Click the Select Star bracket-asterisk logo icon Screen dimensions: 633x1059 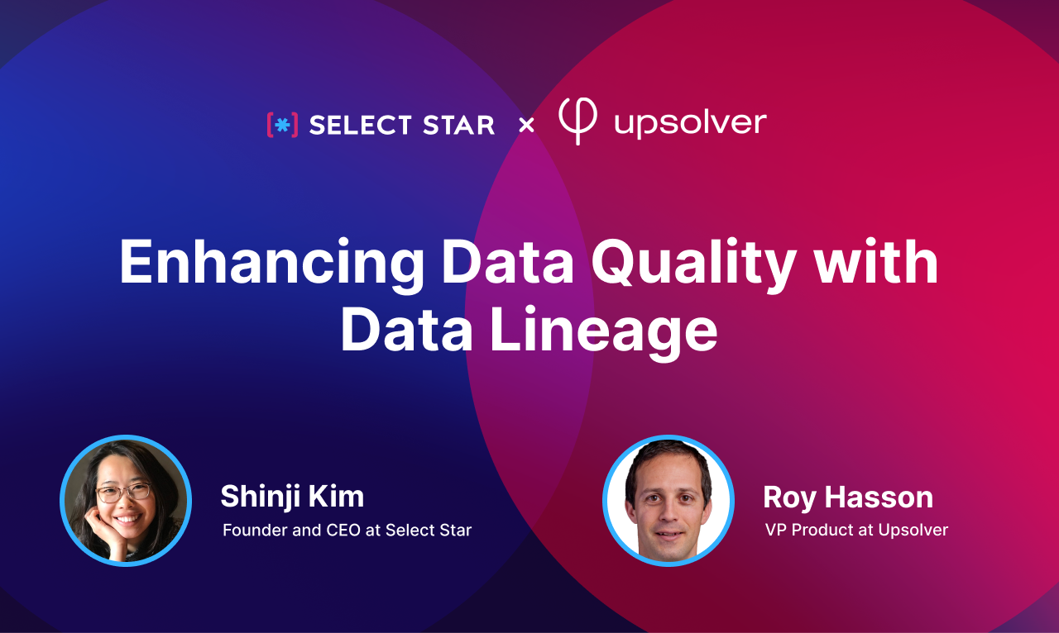(x=282, y=125)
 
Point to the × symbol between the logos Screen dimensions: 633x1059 (x=526, y=126)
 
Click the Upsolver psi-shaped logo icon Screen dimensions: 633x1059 (x=577, y=121)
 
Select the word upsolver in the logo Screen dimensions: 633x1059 (x=690, y=124)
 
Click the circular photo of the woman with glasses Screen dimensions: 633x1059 (x=126, y=500)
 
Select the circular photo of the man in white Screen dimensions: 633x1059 (x=668, y=500)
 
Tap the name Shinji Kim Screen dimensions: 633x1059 (x=292, y=497)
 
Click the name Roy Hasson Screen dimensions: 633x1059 (x=848, y=497)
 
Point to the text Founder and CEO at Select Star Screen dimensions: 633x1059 (x=347, y=530)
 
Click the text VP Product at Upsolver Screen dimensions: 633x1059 (x=856, y=530)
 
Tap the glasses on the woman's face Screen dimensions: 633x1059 (x=123, y=493)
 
